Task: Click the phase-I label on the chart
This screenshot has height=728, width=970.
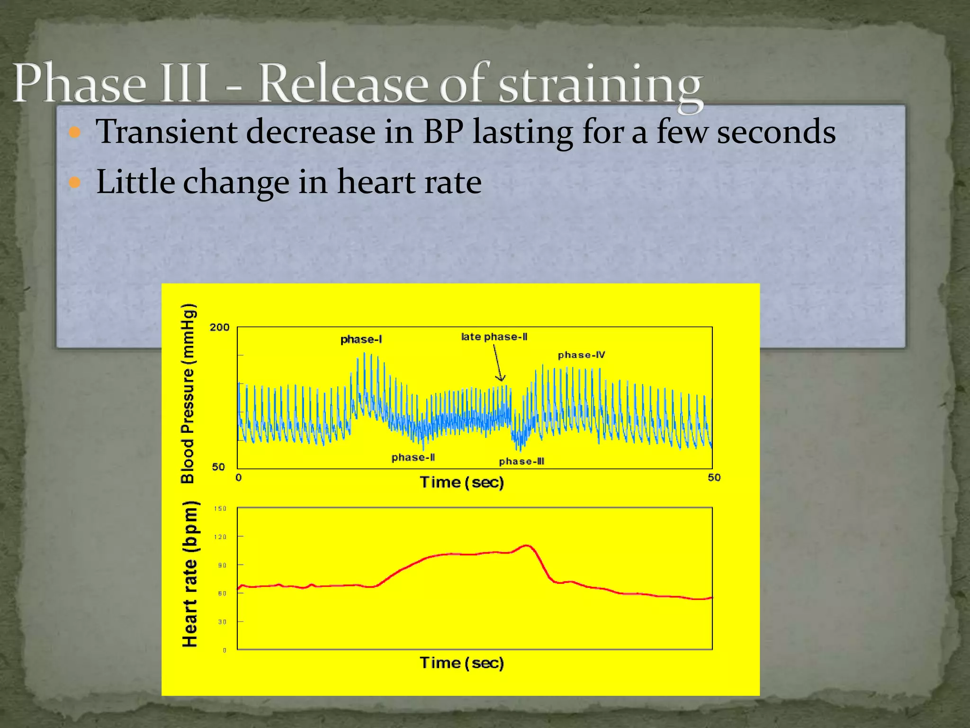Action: [361, 339]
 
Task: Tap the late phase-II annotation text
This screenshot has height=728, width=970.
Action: [494, 337]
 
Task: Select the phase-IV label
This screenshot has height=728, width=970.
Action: [581, 355]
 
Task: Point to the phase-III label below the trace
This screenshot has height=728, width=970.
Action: [521, 461]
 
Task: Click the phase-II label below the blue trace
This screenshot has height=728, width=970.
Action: [413, 457]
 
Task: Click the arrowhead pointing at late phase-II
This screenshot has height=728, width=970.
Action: [501, 378]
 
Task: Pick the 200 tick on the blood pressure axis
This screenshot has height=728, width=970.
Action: [219, 328]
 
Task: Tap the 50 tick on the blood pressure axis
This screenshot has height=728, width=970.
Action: [218, 467]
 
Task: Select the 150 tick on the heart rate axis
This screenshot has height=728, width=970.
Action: [220, 509]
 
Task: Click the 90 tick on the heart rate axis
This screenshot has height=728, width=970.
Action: [222, 565]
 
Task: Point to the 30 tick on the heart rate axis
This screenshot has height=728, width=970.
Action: [222, 622]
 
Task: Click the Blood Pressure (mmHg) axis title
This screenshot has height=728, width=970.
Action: [188, 393]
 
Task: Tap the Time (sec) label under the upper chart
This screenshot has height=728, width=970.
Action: [462, 482]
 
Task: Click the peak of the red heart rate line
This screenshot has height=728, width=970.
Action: [527, 546]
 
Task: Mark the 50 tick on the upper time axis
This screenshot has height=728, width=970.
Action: [714, 477]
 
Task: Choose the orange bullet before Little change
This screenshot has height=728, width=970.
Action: [75, 182]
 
